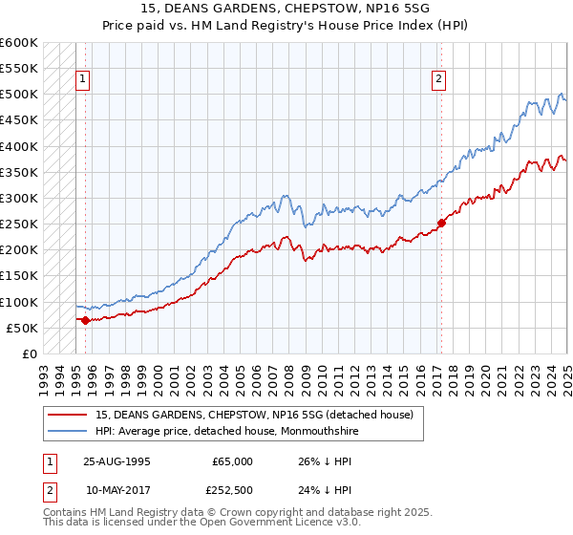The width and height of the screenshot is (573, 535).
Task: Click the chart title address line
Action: click(286, 11)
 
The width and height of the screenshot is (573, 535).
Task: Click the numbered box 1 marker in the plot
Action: click(82, 80)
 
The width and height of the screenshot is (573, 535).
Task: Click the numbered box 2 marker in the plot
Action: click(438, 80)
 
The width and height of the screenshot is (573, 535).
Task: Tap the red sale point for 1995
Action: click(85, 320)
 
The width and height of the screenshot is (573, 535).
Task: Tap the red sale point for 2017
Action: click(441, 224)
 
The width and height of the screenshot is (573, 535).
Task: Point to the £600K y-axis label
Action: click(19, 43)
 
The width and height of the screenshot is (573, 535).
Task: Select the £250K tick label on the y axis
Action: click(19, 225)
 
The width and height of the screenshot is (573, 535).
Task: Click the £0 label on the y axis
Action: click(29, 354)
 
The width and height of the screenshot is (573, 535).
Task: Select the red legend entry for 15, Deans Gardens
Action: click(254, 415)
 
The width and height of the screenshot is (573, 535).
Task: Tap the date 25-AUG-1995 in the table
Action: click(117, 461)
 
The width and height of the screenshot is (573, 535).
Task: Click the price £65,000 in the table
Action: click(232, 461)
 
